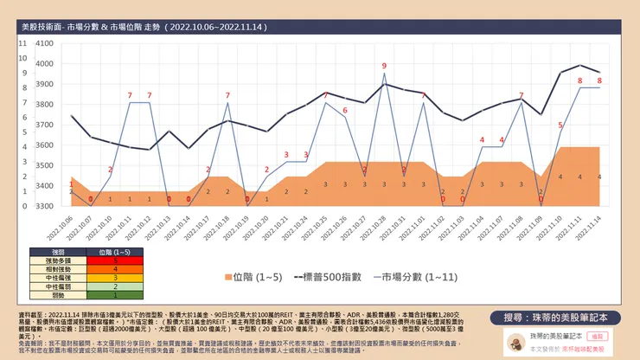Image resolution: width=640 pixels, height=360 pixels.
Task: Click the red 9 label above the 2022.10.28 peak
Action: tap(384, 66)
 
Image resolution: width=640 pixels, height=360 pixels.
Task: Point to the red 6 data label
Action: tap(344, 110)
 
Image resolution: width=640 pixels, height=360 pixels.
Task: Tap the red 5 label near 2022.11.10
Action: tap(560, 125)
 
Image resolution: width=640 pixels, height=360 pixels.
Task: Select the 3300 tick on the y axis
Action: tap(43, 206)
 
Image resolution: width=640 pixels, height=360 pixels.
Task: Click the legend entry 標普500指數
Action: tap(330, 276)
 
